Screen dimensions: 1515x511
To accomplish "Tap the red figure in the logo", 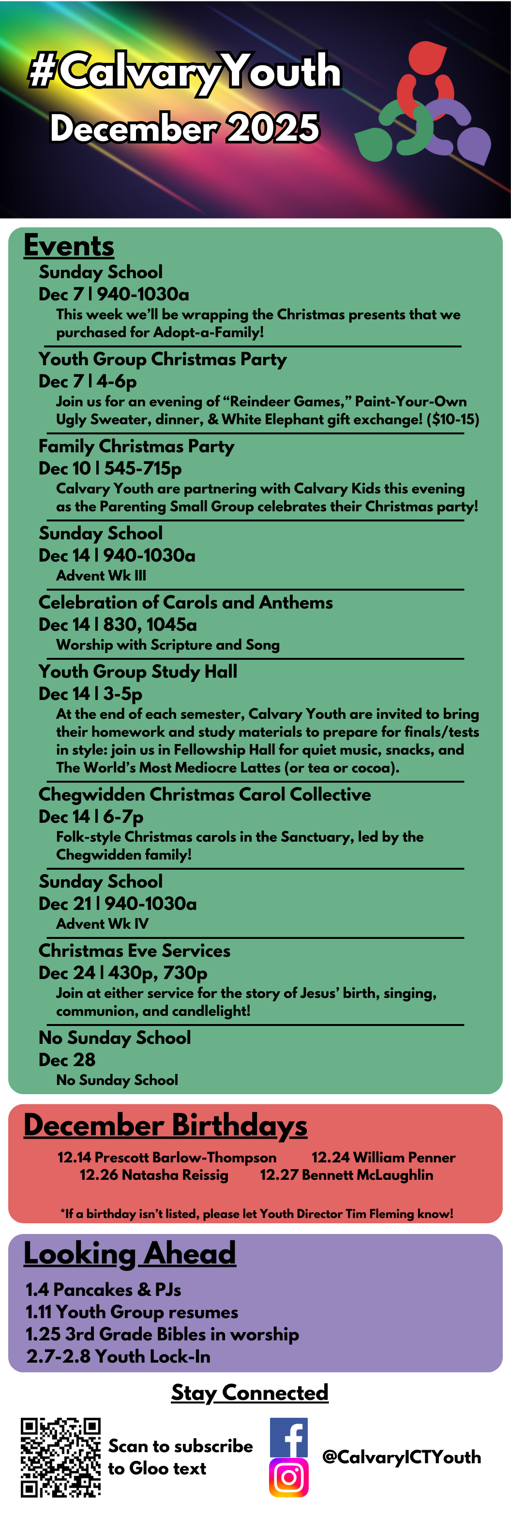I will pos(424,76).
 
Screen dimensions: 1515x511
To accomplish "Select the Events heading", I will pos(69,245).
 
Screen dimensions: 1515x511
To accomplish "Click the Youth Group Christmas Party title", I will pos(162,359).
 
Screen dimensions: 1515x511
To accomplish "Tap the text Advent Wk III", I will pos(101,575).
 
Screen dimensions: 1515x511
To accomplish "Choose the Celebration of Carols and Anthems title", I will pos(185,602).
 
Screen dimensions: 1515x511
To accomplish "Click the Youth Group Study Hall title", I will pos(137,671).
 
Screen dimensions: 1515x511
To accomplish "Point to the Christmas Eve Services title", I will pos(134,951).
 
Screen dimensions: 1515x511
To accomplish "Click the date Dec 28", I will pos(66,1059).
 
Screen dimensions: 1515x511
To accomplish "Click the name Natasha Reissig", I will pos(153,1174).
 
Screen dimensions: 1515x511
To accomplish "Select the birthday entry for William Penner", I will pos(383,1157).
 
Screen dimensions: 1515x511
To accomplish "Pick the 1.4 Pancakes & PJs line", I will pos(103,1289).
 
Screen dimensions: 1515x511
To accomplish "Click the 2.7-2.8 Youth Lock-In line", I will pos(118,1356).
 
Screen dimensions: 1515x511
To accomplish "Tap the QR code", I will pos(60,1457).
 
